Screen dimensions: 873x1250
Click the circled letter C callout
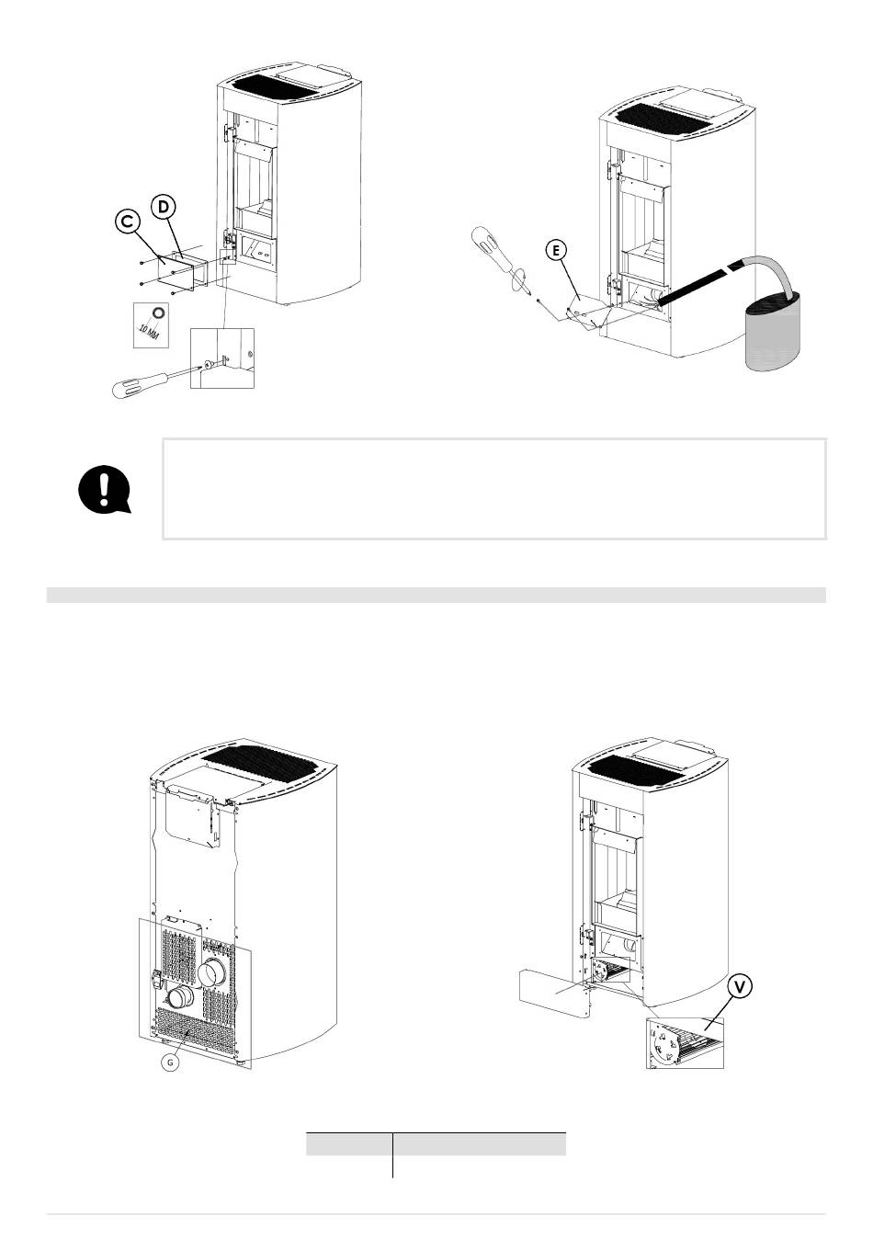[128, 221]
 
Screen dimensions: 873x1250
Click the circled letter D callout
[163, 207]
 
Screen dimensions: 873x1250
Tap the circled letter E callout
[556, 251]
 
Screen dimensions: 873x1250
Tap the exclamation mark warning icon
[104, 489]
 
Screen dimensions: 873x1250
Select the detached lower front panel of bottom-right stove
[554, 993]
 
